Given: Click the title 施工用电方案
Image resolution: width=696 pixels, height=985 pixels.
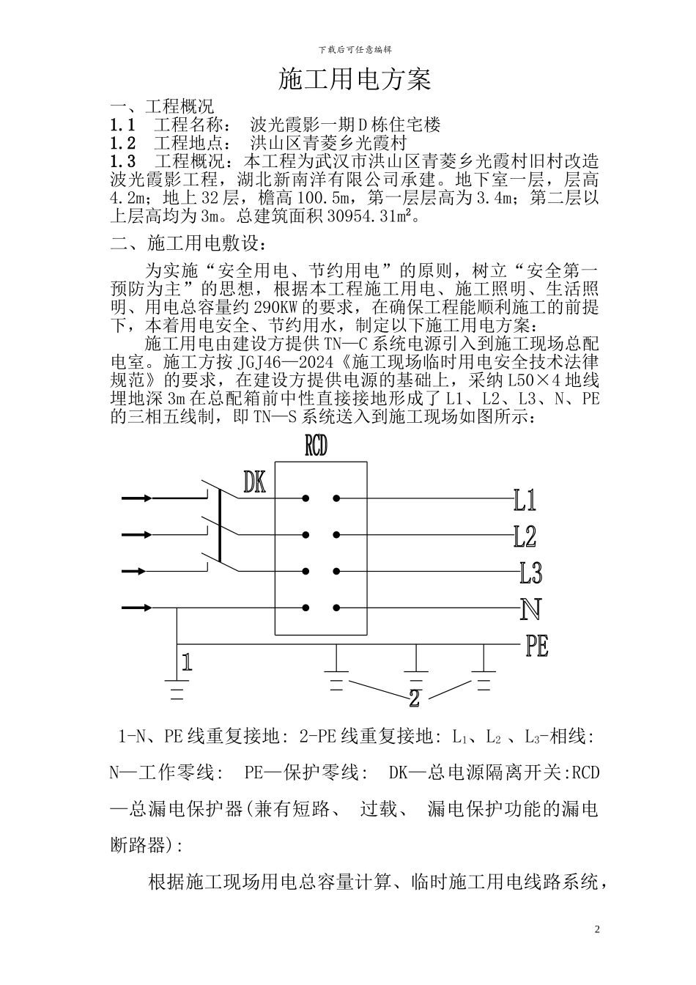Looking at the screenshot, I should [x=355, y=79].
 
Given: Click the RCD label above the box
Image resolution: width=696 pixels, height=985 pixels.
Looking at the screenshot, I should [x=316, y=448].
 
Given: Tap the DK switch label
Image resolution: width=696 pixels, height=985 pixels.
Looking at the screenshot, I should [x=254, y=482].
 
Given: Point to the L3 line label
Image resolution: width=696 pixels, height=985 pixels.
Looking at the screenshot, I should [x=530, y=572].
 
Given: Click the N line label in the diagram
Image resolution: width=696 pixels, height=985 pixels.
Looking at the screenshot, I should [x=530, y=609].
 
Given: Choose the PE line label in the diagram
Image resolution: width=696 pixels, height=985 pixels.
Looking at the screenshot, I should [x=536, y=646].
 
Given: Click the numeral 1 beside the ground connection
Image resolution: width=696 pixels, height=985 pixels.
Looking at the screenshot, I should [x=187, y=663].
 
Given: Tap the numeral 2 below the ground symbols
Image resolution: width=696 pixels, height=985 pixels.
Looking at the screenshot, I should [x=414, y=698].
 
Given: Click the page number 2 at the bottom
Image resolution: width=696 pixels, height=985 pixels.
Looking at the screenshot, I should [x=597, y=930].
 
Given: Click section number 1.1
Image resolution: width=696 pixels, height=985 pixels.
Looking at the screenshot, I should [x=122, y=125].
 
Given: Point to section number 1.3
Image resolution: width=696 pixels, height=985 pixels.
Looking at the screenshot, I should [x=122, y=161].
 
